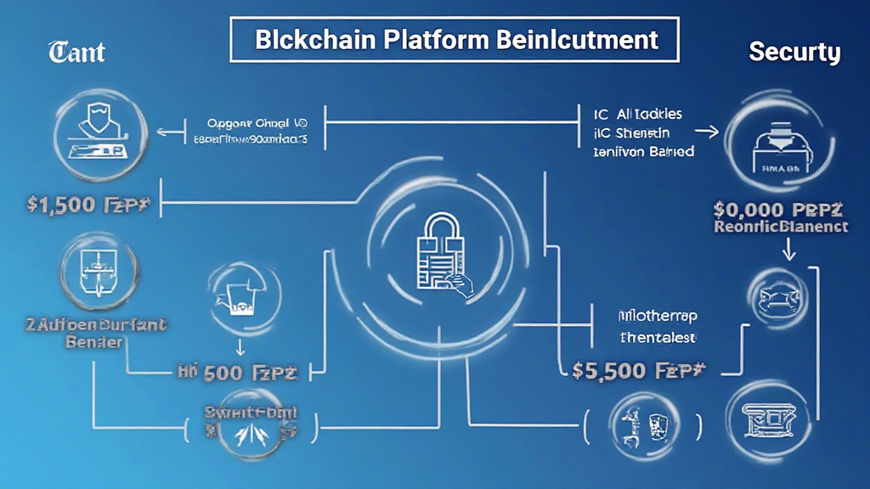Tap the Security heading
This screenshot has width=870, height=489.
[x=794, y=53]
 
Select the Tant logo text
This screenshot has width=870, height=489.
[x=76, y=53]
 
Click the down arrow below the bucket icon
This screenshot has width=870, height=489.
[x=240, y=346]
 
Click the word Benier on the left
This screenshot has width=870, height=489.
[x=93, y=341]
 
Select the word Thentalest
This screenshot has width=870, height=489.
[x=657, y=337]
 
